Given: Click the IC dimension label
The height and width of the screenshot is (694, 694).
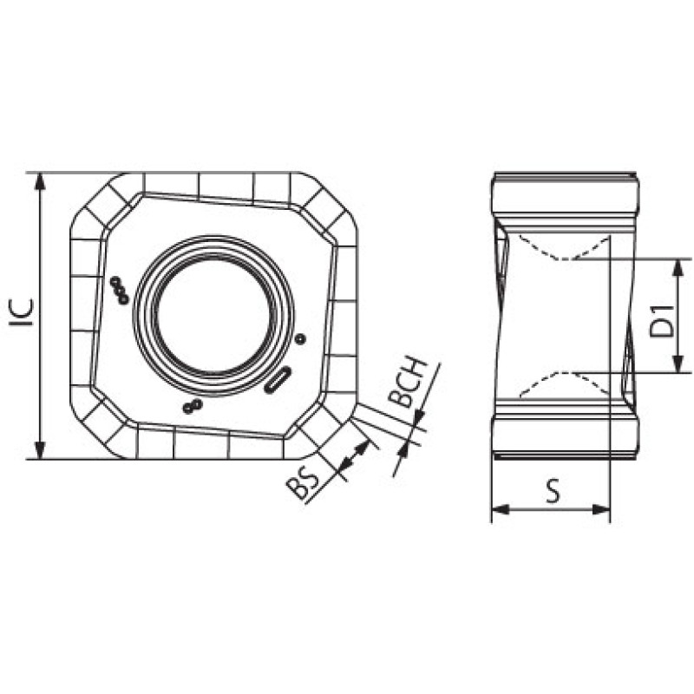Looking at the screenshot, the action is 22,312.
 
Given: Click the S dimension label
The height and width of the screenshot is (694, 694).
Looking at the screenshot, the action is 553,491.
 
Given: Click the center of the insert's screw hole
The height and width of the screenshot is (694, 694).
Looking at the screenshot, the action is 213,315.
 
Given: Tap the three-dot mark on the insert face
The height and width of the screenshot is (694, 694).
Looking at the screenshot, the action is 120,291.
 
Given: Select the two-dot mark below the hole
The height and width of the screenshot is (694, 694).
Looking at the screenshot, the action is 193,406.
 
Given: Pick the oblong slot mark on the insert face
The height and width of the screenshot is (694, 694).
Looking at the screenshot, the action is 277,380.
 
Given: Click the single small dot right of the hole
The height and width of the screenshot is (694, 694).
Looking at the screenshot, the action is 300,339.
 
